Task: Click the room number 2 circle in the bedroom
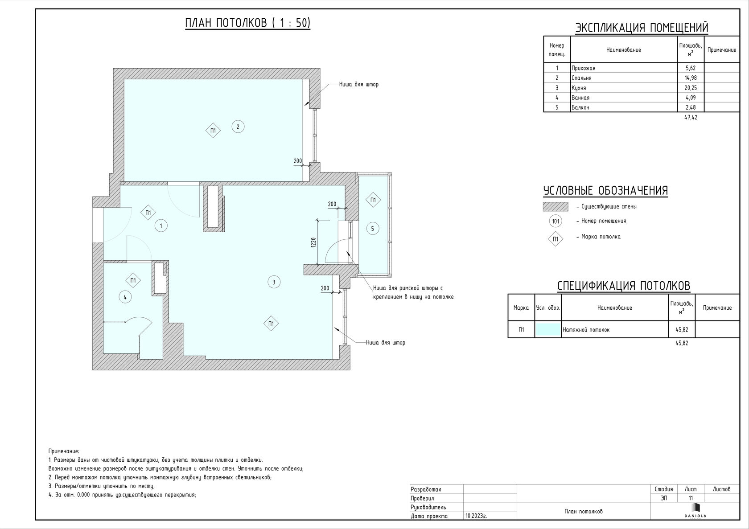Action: click(x=238, y=127)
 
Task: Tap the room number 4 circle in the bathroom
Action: click(x=125, y=297)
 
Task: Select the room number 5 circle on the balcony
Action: click(x=373, y=229)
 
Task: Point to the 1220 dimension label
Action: click(x=313, y=242)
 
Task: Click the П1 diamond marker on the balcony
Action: click(x=373, y=200)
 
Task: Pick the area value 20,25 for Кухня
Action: click(x=691, y=88)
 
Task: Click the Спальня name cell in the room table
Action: click(x=581, y=78)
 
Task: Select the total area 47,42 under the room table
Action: click(x=691, y=117)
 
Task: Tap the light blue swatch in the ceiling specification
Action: click(x=548, y=329)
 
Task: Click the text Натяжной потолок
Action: click(x=586, y=330)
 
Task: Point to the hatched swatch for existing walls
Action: click(x=556, y=206)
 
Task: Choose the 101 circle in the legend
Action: click(x=556, y=221)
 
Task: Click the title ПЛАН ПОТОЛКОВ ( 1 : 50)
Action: click(x=248, y=23)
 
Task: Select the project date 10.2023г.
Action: click(x=476, y=516)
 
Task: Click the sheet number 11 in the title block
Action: click(x=691, y=498)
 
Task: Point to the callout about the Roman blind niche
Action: click(x=413, y=292)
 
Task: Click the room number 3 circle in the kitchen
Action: click(x=274, y=282)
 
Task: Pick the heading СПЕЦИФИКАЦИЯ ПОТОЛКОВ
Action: click(x=624, y=286)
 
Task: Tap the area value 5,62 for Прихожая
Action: click(x=691, y=68)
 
